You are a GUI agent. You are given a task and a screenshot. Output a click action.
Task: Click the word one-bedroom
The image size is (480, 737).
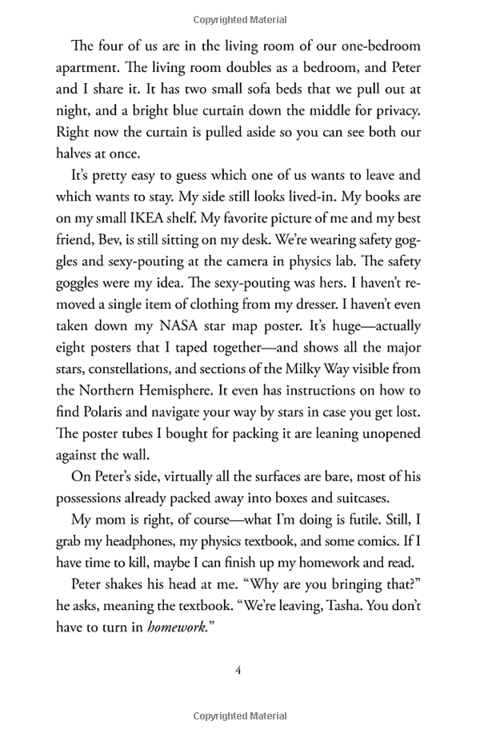click(x=382, y=46)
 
